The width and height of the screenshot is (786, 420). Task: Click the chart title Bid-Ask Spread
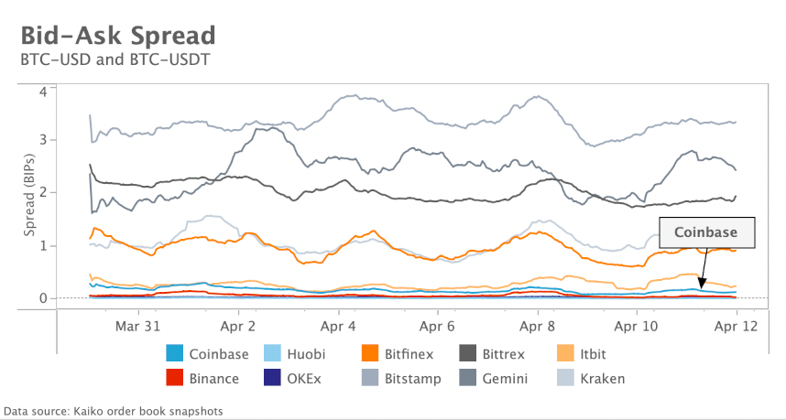click(117, 36)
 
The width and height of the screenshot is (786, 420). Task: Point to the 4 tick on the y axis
click(42, 91)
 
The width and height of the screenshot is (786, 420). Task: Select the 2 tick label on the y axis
click(42, 193)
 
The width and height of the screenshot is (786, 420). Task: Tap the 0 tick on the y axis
click(42, 297)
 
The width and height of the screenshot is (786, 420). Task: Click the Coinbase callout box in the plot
click(706, 232)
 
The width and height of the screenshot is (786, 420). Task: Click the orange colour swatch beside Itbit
click(566, 353)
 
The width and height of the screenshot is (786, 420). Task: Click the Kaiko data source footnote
click(114, 411)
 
